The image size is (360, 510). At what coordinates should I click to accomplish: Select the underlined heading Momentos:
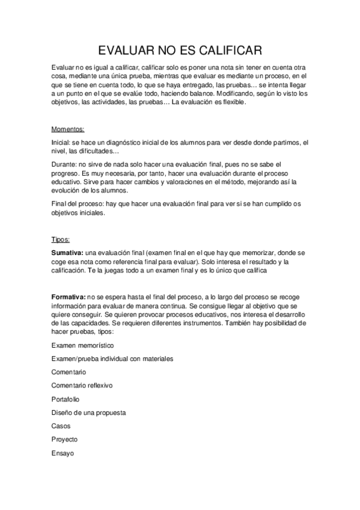(x=68, y=129)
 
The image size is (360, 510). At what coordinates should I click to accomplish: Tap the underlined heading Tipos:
(x=61, y=239)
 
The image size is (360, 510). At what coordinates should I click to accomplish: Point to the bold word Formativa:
(x=69, y=297)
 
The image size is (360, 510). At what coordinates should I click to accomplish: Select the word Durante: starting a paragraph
(x=64, y=164)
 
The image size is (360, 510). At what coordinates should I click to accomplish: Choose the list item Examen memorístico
(x=82, y=345)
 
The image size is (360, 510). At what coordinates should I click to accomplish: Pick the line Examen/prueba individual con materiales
(x=112, y=358)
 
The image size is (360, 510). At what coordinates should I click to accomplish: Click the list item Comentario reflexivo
(x=82, y=385)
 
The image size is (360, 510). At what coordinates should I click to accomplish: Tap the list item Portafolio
(x=66, y=399)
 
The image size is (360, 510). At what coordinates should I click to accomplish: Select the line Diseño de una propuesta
(x=88, y=413)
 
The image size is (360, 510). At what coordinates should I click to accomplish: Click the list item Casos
(x=61, y=426)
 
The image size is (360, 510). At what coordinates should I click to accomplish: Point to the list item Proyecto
(x=64, y=439)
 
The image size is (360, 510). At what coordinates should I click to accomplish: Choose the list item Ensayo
(x=63, y=453)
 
